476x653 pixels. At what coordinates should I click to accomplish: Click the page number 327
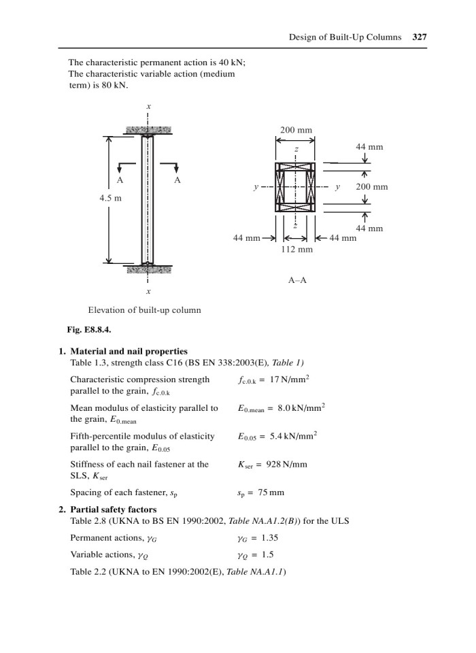point(420,37)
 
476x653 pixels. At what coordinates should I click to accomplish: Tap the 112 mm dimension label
point(296,250)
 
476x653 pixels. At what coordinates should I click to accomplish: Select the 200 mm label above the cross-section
point(296,130)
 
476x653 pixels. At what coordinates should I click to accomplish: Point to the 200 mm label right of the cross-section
point(371,186)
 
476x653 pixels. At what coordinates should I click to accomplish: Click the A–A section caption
point(297,279)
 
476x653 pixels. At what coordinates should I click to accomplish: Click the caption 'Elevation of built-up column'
point(145,310)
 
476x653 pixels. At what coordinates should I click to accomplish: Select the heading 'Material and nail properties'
point(129,351)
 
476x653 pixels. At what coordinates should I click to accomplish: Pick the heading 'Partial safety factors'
point(114,509)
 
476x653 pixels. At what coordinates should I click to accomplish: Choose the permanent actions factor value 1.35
point(272,537)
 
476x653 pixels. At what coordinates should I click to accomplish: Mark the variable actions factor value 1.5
point(269,554)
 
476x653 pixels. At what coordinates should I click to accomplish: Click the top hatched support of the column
point(148,129)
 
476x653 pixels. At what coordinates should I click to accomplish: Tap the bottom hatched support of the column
point(148,269)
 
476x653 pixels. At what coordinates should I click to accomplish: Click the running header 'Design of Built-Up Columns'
point(344,37)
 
